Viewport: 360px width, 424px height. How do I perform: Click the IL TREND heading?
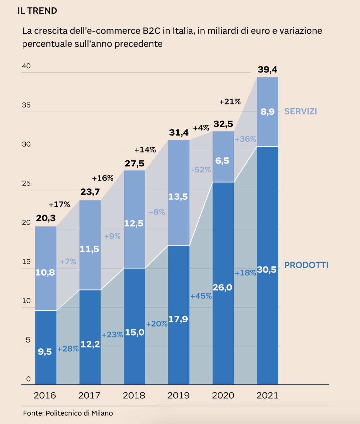(37, 11)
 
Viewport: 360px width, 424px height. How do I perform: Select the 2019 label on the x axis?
(178, 395)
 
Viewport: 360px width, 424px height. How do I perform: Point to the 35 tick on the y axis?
(26, 105)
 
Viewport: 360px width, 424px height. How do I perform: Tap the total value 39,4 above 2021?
(267, 69)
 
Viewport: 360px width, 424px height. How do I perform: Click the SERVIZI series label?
(300, 111)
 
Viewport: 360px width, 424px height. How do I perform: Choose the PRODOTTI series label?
(306, 265)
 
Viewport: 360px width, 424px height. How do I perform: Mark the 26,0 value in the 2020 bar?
(222, 287)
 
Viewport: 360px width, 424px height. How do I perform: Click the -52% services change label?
(201, 170)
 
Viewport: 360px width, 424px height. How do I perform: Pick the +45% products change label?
(201, 296)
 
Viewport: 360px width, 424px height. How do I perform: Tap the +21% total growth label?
(230, 102)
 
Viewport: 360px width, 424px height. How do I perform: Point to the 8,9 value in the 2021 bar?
(267, 112)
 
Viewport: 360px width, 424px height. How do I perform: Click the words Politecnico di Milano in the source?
(79, 413)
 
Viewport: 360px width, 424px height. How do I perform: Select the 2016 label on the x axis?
(45, 395)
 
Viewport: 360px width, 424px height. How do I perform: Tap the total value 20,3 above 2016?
(46, 218)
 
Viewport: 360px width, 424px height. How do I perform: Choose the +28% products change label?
(68, 349)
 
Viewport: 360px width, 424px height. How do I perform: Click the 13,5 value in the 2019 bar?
(178, 197)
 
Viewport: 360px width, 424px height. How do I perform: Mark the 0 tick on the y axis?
(28, 379)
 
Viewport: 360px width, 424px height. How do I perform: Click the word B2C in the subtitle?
(151, 31)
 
